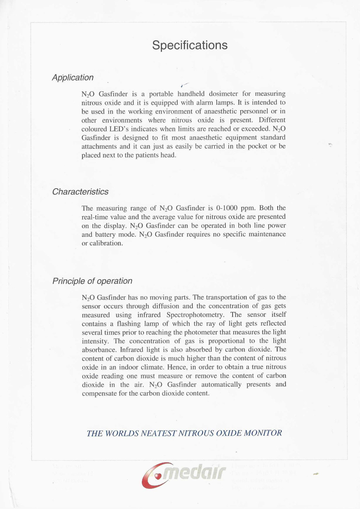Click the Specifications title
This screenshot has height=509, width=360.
tap(190, 45)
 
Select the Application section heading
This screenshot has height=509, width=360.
tap(73, 78)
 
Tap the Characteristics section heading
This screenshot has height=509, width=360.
tap(80, 192)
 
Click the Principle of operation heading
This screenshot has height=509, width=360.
tap(93, 281)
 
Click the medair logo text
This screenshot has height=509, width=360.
tap(194, 472)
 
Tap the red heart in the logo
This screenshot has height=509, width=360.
tap(157, 476)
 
